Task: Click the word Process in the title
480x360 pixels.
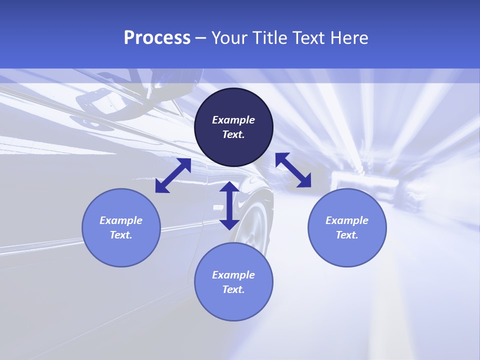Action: point(157,38)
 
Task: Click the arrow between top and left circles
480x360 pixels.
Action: point(173,175)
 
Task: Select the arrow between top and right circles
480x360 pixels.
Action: point(293,170)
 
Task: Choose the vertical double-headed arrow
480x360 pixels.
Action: point(229,205)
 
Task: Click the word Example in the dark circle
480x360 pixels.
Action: point(233,120)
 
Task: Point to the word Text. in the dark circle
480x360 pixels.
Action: point(233,134)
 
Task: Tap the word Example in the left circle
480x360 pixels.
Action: point(121,220)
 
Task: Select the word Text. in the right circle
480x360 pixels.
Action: point(347,235)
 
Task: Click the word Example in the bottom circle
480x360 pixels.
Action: point(233,275)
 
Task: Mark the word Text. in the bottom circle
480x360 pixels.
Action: point(233,289)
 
